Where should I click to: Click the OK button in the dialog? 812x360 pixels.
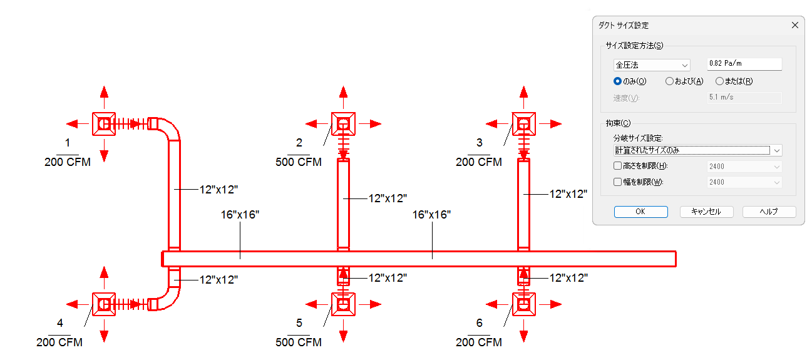640,212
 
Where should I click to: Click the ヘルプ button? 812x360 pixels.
769,212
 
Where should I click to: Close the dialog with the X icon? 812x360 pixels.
795,25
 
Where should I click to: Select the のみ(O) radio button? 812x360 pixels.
617,81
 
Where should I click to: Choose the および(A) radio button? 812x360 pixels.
669,81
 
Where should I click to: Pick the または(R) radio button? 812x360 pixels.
719,81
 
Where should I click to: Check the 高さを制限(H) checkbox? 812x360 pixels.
617,166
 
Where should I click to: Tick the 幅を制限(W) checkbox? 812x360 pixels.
617,182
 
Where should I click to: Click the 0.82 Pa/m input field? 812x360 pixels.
744,64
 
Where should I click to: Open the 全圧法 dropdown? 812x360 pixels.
651,65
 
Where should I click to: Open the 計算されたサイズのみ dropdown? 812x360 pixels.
697,150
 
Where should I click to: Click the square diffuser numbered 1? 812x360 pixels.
104,124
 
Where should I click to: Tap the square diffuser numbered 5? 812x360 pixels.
343,304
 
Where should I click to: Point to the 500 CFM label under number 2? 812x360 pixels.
299,162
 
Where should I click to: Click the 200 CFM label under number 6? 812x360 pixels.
478,342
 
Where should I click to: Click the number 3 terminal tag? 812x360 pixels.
479,143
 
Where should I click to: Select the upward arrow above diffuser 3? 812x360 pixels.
523,97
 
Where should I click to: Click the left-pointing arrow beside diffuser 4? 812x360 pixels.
78,304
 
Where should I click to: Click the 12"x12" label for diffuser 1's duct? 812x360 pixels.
218,190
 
